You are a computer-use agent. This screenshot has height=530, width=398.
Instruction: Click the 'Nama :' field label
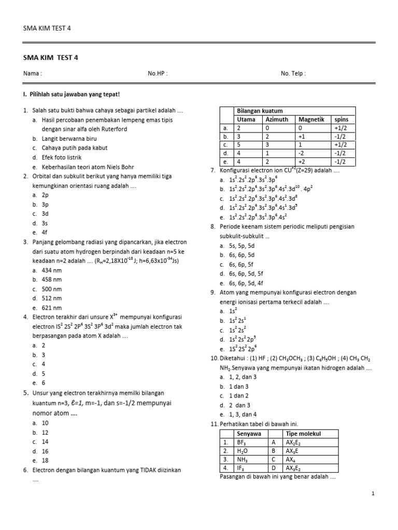click(33, 73)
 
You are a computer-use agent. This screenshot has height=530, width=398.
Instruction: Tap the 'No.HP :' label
click(158, 73)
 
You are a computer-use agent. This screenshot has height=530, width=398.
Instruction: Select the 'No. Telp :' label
click(293, 73)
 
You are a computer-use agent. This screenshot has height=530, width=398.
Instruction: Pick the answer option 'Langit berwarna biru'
click(66, 139)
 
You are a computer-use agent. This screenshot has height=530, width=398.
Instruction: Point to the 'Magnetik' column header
click(311, 120)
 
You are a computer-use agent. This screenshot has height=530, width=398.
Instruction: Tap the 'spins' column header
click(342, 120)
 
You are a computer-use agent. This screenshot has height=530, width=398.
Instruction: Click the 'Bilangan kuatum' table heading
click(260, 111)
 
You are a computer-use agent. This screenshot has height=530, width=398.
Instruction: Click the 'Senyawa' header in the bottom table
click(249, 433)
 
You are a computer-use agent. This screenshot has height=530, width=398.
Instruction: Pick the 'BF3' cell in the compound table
click(242, 443)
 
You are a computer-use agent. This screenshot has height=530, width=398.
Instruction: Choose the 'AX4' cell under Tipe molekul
click(292, 460)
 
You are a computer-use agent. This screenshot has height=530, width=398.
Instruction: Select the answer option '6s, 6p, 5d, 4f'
click(250, 283)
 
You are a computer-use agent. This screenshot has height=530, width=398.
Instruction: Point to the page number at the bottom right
click(373, 494)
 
